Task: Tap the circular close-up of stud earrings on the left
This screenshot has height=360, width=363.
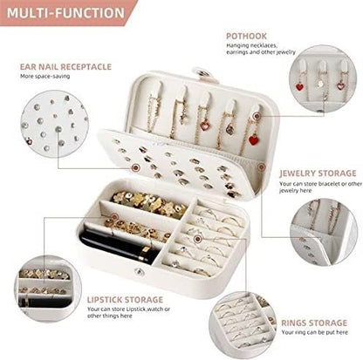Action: pyautogui.click(x=38, y=131)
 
